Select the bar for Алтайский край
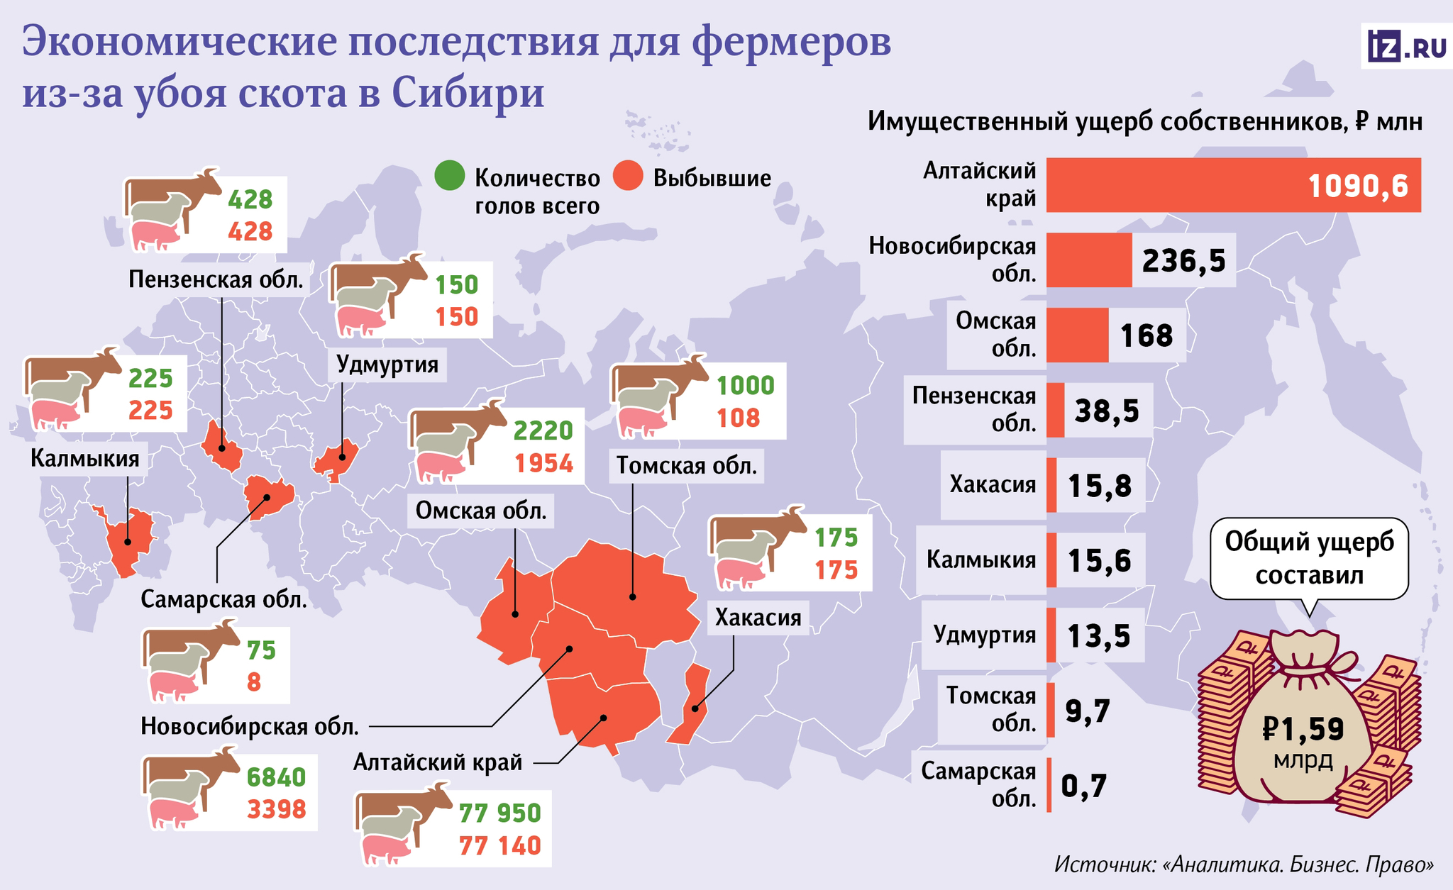point(1234,185)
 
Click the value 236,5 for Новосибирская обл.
point(1184,261)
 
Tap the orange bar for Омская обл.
point(1077,335)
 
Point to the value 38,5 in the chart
point(1107,411)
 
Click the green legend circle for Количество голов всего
point(450,176)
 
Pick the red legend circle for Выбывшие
point(628,176)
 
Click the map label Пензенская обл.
point(216,279)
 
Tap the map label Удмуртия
point(387,365)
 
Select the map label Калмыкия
point(85,458)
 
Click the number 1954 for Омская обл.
point(543,463)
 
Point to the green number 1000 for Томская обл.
point(746,385)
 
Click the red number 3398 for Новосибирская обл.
point(277,809)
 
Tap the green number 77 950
point(500,813)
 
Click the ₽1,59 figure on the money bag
point(1304,729)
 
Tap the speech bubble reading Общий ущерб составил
point(1309,559)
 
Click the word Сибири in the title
point(468,92)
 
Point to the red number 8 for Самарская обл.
point(254,682)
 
